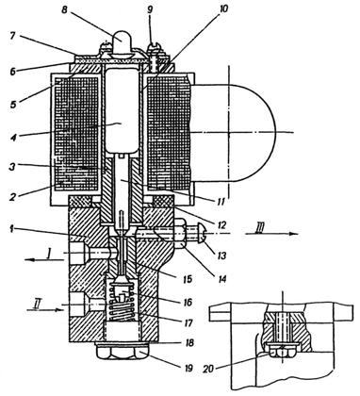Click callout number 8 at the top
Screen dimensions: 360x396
64,10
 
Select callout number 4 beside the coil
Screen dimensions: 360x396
12,138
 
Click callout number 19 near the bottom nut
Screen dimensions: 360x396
188,368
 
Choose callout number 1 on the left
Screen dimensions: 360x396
11,229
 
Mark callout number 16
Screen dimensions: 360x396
188,302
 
